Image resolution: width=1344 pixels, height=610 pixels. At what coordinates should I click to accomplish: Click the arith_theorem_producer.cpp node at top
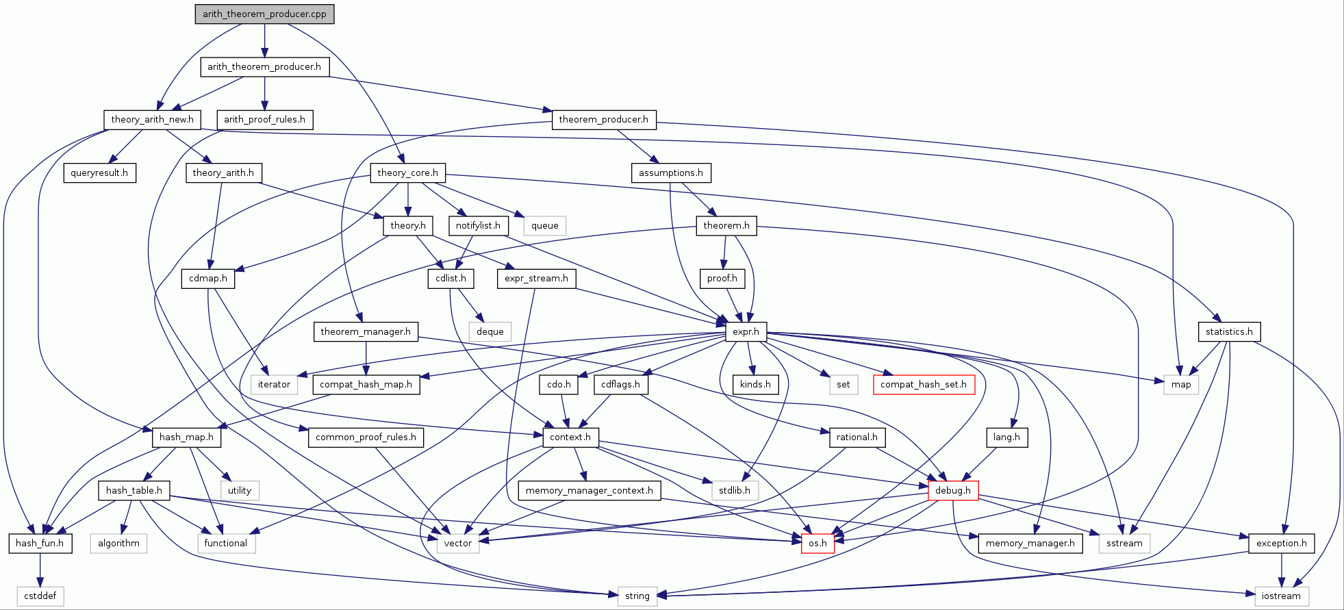click(264, 14)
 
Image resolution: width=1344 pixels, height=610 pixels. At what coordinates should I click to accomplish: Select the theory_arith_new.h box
click(152, 120)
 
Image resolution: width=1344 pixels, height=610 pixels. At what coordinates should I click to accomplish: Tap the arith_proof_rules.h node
click(265, 120)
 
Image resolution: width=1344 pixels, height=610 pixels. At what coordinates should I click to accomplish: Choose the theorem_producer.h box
click(603, 120)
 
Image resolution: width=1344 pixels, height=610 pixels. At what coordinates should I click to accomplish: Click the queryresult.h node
click(99, 173)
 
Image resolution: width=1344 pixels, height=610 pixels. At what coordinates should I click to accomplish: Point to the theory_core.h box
click(407, 173)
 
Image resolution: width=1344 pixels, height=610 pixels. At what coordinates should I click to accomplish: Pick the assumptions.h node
click(670, 173)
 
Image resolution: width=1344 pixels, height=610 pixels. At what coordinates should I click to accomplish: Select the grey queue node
click(544, 226)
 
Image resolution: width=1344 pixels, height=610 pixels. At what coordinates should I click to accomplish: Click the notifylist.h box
click(478, 225)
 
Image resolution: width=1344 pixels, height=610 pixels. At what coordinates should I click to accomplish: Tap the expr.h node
click(746, 332)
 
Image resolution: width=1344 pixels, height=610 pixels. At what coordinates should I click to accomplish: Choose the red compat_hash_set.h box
click(923, 385)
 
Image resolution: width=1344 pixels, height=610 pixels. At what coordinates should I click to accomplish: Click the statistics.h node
click(1229, 332)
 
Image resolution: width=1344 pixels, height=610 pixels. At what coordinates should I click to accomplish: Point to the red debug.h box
click(952, 491)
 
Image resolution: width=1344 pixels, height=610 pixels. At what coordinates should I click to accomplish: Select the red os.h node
click(817, 544)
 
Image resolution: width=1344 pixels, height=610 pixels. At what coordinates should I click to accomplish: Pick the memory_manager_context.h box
click(589, 491)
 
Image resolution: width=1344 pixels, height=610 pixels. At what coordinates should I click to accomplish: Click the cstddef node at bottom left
click(40, 596)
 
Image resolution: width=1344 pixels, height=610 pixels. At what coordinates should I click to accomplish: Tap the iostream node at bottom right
click(1281, 596)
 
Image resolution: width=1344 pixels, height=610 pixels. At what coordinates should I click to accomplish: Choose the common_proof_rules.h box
click(366, 437)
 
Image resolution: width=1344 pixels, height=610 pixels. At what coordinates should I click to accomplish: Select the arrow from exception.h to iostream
click(1282, 570)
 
